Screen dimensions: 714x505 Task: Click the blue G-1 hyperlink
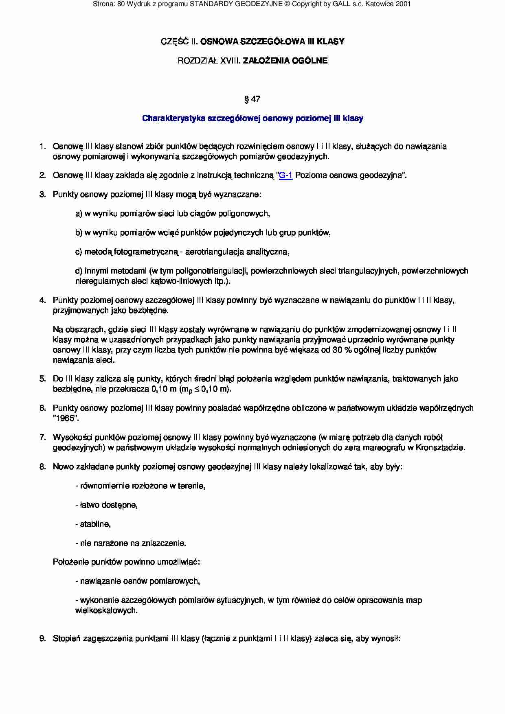(x=285, y=175)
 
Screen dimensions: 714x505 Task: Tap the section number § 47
(x=253, y=99)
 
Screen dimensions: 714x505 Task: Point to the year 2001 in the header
(x=402, y=4)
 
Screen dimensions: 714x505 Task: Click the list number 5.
(x=42, y=379)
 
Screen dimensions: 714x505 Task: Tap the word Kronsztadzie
(x=444, y=448)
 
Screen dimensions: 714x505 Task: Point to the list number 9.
(x=42, y=639)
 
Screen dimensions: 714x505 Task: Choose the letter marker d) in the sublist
(x=79, y=271)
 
